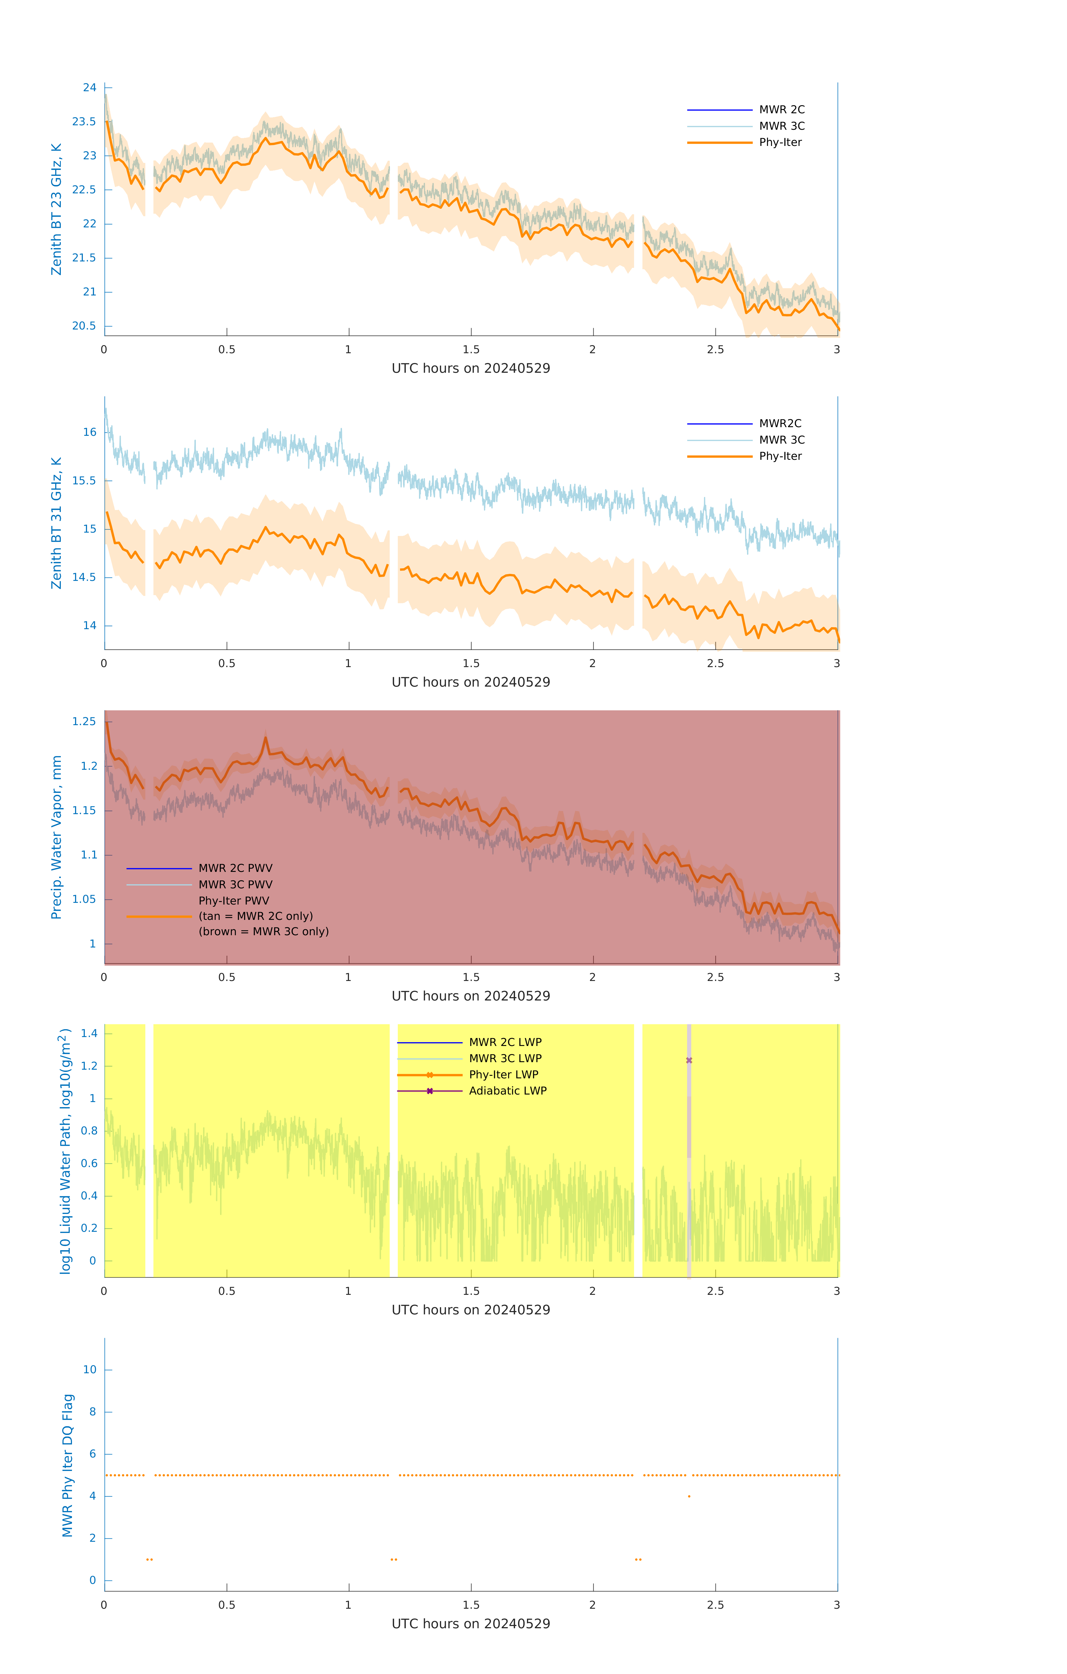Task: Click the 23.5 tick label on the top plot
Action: pyautogui.click(x=84, y=122)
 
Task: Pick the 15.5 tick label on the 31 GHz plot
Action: pyautogui.click(x=84, y=480)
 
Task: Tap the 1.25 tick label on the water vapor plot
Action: pyautogui.click(x=84, y=721)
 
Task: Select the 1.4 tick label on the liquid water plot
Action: pyautogui.click(x=89, y=1033)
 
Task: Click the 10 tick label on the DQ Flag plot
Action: pyautogui.click(x=90, y=1370)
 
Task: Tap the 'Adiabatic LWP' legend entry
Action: pyautogui.click(x=507, y=1091)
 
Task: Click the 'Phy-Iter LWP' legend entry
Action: pyautogui.click(x=503, y=1075)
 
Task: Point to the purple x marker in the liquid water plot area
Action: pyautogui.click(x=689, y=1060)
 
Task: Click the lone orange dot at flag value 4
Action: pyautogui.click(x=689, y=1496)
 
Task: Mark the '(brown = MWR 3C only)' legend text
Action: pyautogui.click(x=263, y=932)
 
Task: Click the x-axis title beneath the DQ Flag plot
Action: pyautogui.click(x=471, y=1624)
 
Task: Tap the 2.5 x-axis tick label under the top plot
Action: pyautogui.click(x=715, y=350)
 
